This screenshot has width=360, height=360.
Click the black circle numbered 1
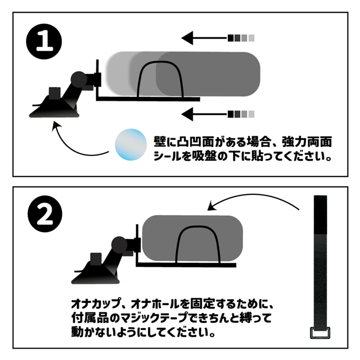[44, 41]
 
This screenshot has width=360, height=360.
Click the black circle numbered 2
[45, 214]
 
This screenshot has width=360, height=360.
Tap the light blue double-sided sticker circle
[131, 144]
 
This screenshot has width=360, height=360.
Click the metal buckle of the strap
[320, 332]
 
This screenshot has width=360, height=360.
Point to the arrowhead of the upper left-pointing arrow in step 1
[187, 38]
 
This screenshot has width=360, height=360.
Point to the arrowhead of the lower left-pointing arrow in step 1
[187, 114]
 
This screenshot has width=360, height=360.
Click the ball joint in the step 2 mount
[120, 244]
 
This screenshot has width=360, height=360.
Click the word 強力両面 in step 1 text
[307, 142]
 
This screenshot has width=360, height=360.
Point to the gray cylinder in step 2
[192, 238]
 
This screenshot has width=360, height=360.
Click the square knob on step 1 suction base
[55, 93]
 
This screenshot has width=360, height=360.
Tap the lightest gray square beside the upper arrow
[252, 38]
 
